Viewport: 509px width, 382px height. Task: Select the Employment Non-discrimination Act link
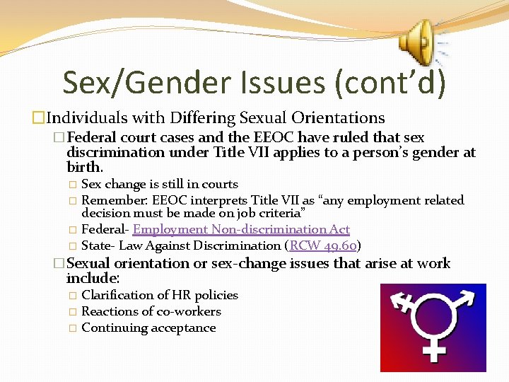[241, 229]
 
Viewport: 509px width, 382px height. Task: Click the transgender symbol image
[433, 327]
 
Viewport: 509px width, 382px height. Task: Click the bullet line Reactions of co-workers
[151, 311]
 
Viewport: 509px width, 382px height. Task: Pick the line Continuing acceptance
[148, 328]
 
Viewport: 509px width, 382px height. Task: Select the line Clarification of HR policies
[160, 295]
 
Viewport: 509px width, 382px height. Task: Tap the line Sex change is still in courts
[160, 184]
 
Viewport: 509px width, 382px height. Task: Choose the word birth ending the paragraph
[84, 168]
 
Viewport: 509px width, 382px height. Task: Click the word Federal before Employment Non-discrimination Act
[104, 229]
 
